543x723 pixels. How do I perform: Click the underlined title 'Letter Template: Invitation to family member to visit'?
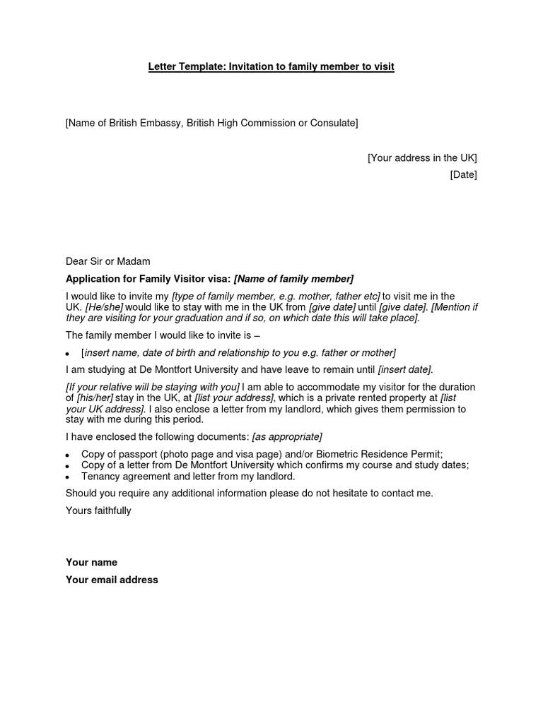pos(271,67)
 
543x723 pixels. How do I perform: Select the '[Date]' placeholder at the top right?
pos(463,174)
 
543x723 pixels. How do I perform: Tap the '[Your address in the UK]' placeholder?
pos(422,157)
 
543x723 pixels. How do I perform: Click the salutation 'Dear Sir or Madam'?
pos(108,261)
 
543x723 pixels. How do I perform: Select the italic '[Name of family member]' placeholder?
pos(293,279)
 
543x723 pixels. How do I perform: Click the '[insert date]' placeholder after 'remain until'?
pos(405,369)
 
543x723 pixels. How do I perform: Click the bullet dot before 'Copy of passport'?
pos(67,455)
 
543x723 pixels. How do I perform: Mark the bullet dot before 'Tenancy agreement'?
pos(67,478)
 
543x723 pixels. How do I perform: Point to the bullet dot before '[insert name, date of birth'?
pos(67,353)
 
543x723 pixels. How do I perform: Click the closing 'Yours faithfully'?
pos(98,510)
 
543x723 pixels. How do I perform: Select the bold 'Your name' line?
pos(91,563)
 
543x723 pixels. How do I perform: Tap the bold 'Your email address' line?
pos(112,580)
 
